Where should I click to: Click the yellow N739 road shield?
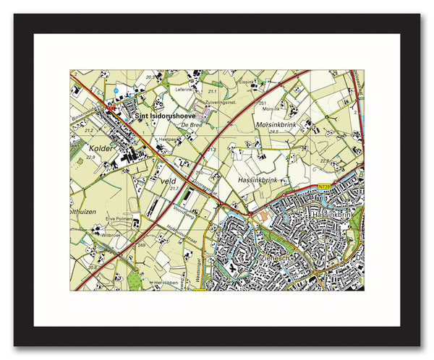pos(324,187)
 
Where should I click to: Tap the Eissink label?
pos(247,82)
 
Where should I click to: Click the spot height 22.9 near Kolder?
pos(90,157)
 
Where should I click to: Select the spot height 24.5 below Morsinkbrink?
pos(273,132)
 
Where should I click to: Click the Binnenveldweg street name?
pos(89,112)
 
